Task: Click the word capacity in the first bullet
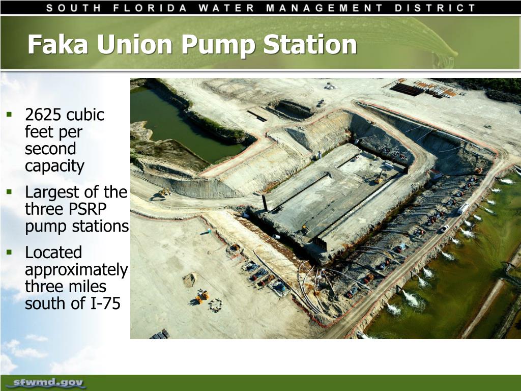pos(54,166)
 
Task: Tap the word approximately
pos(76,270)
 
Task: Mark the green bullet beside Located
pos(9,252)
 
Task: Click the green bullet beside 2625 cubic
pos(9,115)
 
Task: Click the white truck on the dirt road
pos(464,208)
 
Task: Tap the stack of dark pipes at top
pos(407,89)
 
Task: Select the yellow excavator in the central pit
pos(380,178)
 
